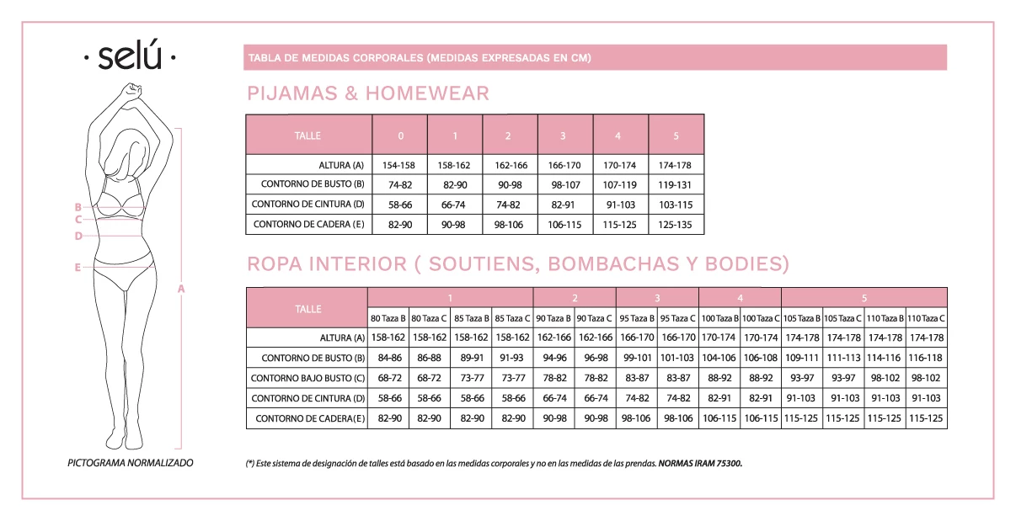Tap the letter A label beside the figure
(181, 289)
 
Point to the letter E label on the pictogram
(78, 268)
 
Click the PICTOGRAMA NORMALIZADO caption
(130, 463)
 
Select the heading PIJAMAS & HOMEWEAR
(367, 93)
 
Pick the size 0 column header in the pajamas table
(400, 136)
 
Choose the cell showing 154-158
(400, 165)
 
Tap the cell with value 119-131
(676, 185)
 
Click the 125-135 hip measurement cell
(676, 225)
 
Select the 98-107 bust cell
(565, 185)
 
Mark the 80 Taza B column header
(388, 318)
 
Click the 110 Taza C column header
(927, 318)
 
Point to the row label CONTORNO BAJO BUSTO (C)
(307, 378)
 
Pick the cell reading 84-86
(388, 358)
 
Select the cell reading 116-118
(927, 358)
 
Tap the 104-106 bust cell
(719, 358)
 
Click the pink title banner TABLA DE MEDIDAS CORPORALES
(595, 58)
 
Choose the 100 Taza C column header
(761, 318)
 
